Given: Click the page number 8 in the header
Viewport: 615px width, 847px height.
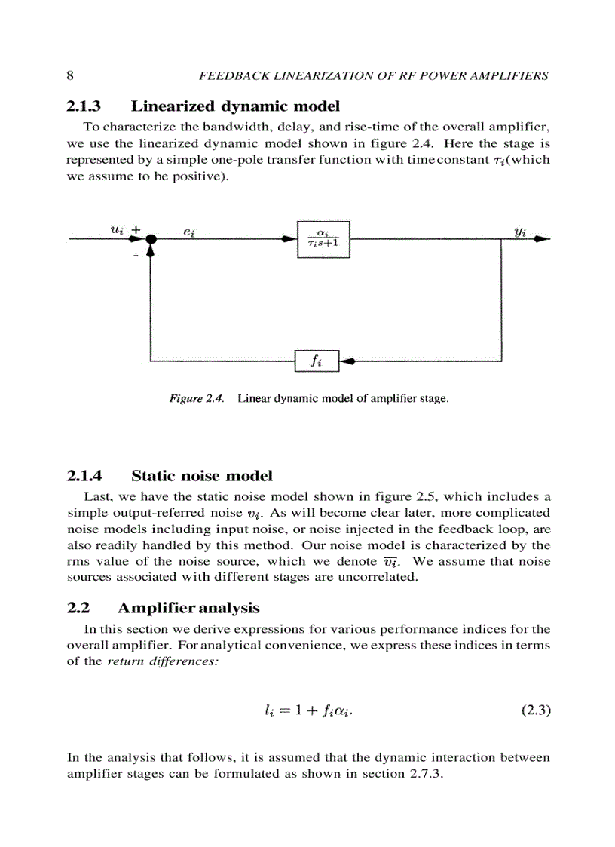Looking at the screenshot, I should click(70, 75).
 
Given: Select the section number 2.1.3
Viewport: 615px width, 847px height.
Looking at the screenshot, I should click(84, 106).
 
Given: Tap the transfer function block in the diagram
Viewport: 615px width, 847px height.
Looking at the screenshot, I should click(323, 239).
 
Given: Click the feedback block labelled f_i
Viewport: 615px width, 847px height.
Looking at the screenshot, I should click(317, 361).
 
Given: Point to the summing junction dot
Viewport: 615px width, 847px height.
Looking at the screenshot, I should click(151, 239).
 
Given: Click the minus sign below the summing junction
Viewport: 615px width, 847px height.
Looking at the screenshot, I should click(136, 256).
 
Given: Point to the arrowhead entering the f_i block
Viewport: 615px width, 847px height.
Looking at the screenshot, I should click(347, 361).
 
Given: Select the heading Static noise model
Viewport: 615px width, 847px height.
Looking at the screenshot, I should click(201, 475).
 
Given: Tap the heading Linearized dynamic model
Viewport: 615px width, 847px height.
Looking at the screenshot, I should click(235, 106).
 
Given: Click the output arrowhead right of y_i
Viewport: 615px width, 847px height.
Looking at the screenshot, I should click(542, 239).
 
